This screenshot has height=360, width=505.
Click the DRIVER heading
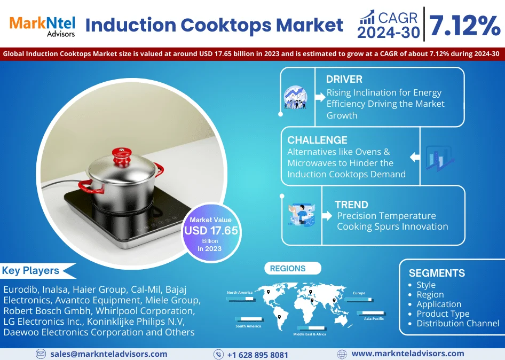tap(344, 79)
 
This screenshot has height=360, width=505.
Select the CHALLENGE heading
tap(317, 140)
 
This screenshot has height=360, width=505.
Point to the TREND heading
tap(351, 205)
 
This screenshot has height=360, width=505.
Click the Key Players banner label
tap(31, 270)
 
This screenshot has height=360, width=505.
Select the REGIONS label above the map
tap(288, 269)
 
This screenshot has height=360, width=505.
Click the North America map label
tap(239, 293)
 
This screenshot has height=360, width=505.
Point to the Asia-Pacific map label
tap(374, 318)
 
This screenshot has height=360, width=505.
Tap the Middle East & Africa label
tap(310, 334)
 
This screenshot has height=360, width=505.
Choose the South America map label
tap(248, 326)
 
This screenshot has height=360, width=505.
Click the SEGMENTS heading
tap(437, 273)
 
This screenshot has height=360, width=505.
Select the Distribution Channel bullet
tap(457, 323)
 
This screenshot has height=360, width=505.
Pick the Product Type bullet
tap(443, 314)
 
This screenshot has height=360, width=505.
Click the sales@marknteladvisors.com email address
tap(108, 354)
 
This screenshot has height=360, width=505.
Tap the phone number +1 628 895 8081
tap(257, 355)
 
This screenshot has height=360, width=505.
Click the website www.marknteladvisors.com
tap(407, 354)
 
